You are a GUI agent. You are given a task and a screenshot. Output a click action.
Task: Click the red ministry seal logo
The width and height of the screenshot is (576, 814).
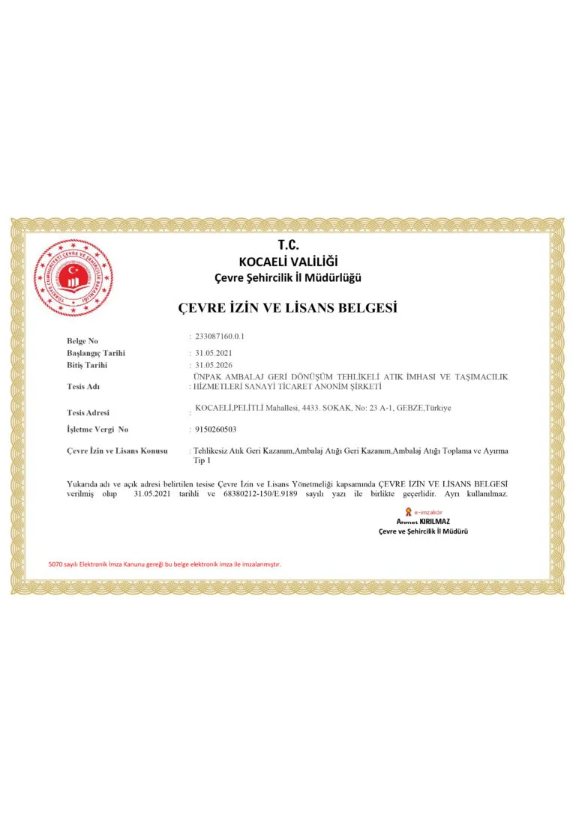[73, 277]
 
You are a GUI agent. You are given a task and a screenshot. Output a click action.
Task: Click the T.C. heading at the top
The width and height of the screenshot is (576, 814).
[288, 245]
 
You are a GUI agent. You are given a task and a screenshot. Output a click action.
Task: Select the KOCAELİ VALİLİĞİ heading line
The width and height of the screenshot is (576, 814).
[288, 262]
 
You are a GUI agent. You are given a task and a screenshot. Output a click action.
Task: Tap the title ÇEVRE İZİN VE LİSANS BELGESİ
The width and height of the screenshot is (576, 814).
[287, 307]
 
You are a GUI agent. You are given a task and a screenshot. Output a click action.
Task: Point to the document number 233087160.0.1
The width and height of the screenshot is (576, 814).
[219, 337]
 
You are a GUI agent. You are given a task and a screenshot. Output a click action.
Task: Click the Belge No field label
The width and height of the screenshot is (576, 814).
[82, 341]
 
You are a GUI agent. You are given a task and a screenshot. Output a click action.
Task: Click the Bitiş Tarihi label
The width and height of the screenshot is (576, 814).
[87, 365]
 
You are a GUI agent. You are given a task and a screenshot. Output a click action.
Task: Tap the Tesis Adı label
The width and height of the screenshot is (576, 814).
[83, 387]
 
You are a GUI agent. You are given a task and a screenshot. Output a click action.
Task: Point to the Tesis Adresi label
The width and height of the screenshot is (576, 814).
[88, 412]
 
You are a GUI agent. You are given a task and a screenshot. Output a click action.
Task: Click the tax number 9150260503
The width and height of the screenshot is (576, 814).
[215, 429]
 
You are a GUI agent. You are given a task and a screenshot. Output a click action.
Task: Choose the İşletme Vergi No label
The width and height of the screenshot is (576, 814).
[97, 429]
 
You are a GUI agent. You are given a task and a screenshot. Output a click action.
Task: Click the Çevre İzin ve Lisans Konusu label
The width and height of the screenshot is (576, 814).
[117, 450]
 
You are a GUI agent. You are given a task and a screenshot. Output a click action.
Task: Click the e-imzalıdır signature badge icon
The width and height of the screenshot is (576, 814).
[409, 511]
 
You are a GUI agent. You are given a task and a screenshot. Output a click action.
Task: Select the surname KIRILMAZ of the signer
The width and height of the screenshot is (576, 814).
[435, 521]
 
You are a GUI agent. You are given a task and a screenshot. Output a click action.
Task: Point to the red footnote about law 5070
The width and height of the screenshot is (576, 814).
[164, 564]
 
